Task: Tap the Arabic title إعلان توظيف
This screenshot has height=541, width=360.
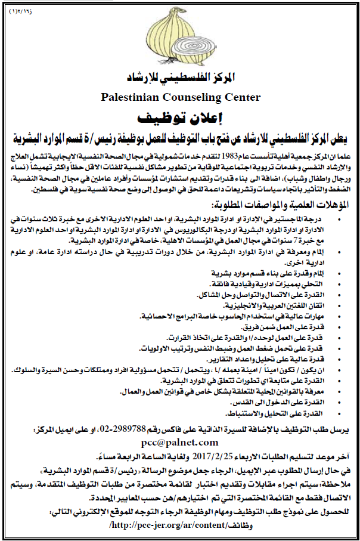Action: [x=180, y=115]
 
